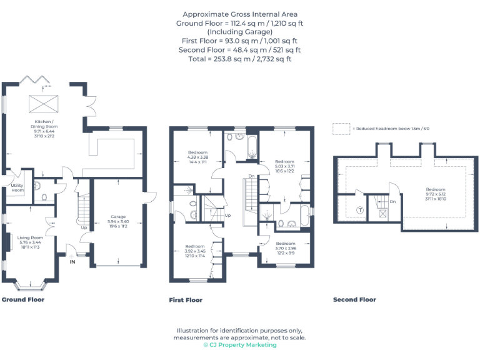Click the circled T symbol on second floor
(360, 210)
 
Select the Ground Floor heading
(23, 299)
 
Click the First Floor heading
(186, 300)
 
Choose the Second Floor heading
(354, 299)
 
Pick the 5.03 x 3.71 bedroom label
(284, 166)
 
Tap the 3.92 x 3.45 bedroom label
(194, 251)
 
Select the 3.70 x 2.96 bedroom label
(286, 247)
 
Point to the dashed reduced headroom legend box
(341, 128)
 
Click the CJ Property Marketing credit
(239, 345)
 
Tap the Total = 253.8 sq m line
(240, 59)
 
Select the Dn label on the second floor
(392, 202)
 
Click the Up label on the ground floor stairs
(84, 227)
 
